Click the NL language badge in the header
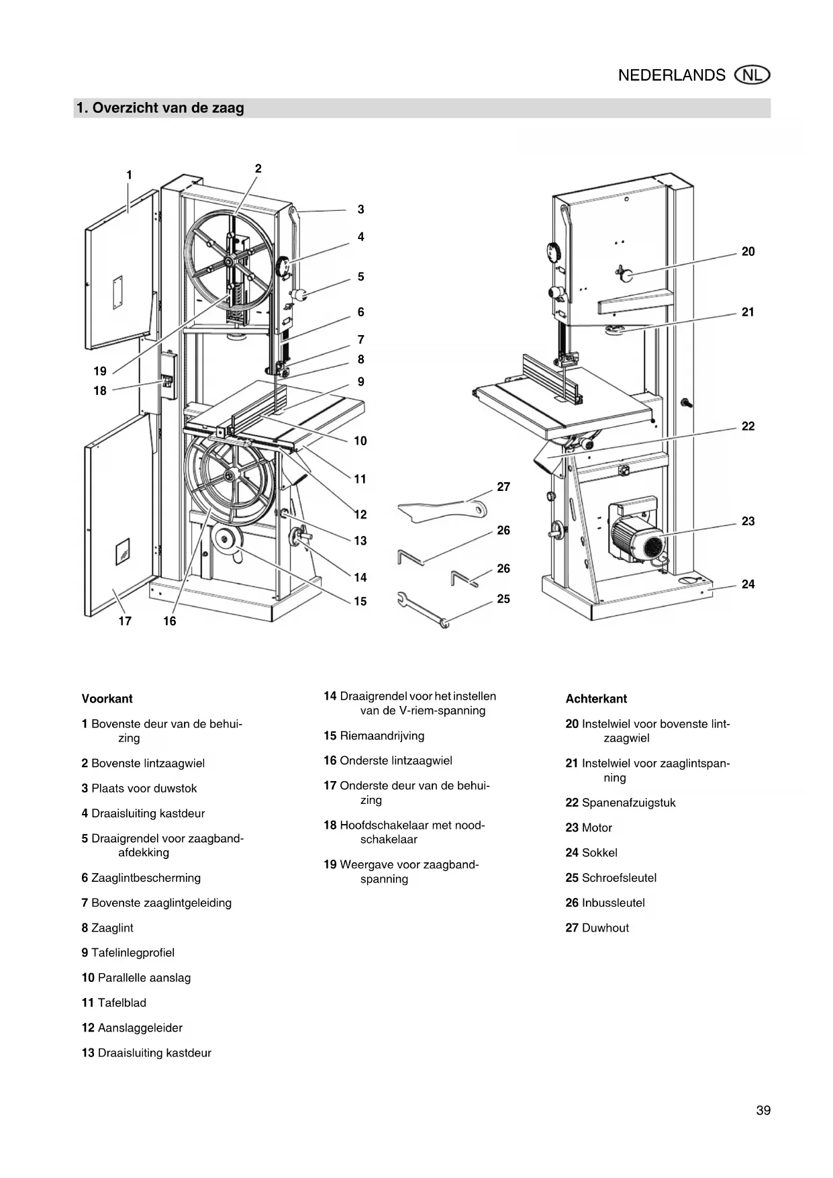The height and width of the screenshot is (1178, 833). click(752, 75)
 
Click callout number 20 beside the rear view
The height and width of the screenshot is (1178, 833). click(748, 252)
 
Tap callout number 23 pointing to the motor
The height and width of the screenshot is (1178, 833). click(748, 521)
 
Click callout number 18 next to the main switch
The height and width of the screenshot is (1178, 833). click(100, 391)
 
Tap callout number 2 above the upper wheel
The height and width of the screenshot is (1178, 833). click(258, 169)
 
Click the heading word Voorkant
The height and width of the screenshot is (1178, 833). click(107, 698)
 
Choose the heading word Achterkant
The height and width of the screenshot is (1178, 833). click(596, 698)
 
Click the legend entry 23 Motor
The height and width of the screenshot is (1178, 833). click(589, 827)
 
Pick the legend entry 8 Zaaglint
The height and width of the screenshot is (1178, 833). click(107, 927)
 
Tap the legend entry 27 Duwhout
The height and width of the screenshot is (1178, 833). click(597, 927)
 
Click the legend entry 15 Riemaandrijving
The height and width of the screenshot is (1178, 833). click(374, 735)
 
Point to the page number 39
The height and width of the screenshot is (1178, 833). click(763, 1110)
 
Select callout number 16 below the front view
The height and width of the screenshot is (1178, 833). click(170, 621)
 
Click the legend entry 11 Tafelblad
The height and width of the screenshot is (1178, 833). click(114, 1003)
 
